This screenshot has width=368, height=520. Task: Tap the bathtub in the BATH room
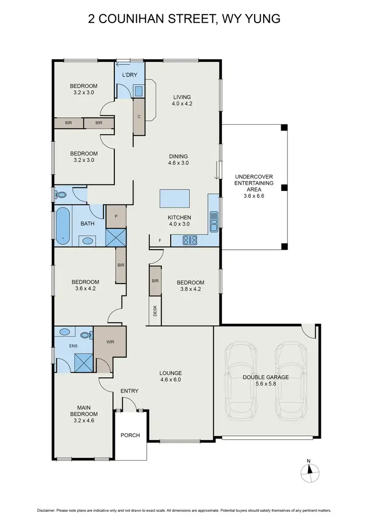[x=63, y=226]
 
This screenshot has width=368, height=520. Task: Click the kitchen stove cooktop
[x=190, y=240]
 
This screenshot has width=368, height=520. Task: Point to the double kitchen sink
[x=214, y=221]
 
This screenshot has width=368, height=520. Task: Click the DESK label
[x=155, y=311]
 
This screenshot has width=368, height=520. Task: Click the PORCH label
[x=130, y=435]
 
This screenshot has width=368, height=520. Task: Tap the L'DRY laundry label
[x=130, y=75]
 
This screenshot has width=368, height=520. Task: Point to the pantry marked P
[x=116, y=216]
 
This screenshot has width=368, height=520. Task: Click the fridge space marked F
[x=159, y=240]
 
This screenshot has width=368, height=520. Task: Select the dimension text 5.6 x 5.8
[x=265, y=384]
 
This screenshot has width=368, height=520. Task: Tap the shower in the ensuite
[x=82, y=362]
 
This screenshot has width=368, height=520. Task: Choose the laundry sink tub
[x=138, y=91]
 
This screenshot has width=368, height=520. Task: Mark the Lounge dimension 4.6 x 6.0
[x=171, y=379]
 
